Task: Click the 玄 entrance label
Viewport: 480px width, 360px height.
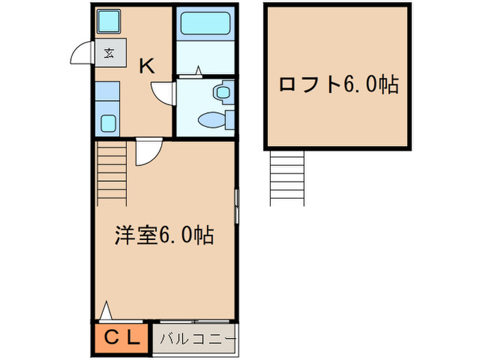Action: click(x=110, y=53)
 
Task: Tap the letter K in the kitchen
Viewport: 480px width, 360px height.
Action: click(x=147, y=67)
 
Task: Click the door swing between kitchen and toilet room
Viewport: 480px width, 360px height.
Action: click(x=163, y=93)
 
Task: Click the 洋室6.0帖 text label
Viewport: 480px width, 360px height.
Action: click(x=163, y=236)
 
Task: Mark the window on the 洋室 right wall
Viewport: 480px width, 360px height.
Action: click(x=237, y=206)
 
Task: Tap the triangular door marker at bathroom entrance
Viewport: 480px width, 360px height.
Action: click(x=198, y=70)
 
